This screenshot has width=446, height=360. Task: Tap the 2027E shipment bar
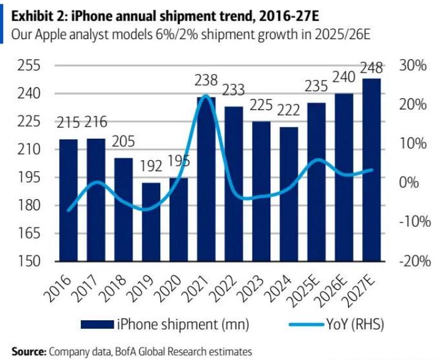click(371, 169)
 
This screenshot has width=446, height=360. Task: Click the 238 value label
click(206, 80)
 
